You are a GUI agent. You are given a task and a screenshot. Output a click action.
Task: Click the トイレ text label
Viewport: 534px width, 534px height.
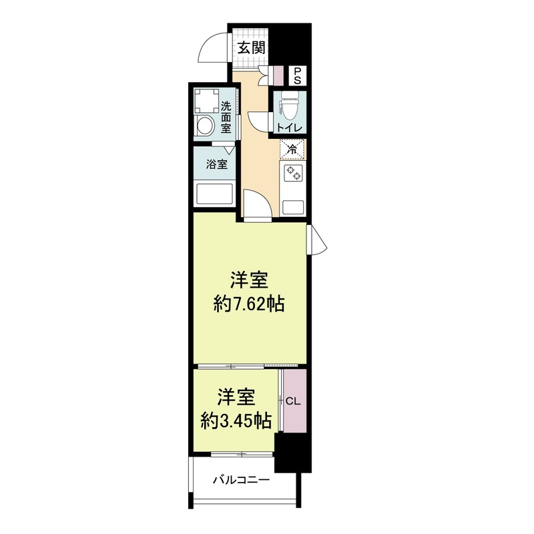coord(290,127)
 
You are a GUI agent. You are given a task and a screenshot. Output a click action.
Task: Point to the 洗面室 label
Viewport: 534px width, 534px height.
coord(226,116)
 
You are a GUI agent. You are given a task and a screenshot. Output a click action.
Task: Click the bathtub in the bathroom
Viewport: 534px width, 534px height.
coord(214,194)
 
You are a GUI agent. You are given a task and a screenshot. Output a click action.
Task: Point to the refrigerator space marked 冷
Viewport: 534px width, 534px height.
coord(292,149)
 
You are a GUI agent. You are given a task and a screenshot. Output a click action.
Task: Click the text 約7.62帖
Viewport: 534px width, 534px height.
coord(250,304)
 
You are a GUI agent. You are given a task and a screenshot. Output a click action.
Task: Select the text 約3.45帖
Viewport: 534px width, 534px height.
coord(236,421)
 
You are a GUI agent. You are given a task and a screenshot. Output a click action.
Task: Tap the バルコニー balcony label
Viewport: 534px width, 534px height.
coord(241,479)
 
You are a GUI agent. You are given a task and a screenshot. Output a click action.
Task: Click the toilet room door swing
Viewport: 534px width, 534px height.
coord(259,123)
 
